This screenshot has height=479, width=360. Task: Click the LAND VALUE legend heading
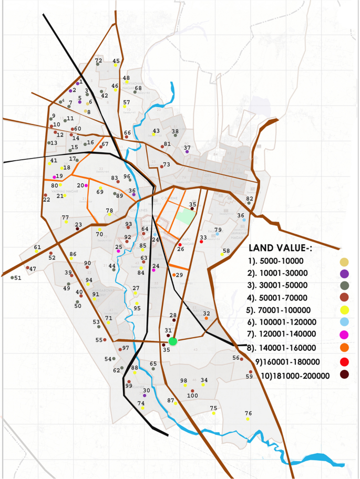[280, 247]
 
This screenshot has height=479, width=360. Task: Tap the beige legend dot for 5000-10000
[344, 262]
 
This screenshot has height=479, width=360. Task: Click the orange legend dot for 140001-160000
[344, 347]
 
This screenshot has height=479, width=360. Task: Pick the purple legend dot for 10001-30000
[344, 274]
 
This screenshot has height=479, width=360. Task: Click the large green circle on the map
[173, 341]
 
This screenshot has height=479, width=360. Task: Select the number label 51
[18, 278]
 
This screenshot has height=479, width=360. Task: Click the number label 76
[248, 413]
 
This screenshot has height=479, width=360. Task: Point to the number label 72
[98, 61]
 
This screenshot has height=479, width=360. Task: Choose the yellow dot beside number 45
[116, 66]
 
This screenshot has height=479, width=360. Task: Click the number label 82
[250, 199]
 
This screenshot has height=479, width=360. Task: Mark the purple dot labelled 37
[187, 152]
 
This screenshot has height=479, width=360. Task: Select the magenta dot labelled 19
[54, 177]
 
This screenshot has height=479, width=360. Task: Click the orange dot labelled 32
[207, 318]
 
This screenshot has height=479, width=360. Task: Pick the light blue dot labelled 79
[218, 234]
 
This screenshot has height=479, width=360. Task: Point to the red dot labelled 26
[180, 245]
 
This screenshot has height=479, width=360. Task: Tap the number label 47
[33, 269]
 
